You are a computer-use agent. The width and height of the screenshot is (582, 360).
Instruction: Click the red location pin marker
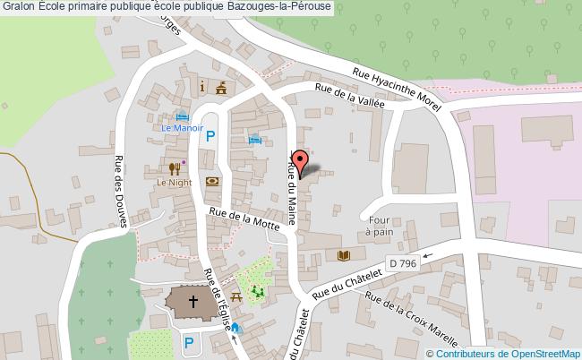click(x=302, y=162)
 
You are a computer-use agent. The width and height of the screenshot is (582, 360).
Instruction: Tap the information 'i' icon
click(x=203, y=86)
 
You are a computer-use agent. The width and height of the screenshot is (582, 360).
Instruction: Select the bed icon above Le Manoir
click(x=183, y=116)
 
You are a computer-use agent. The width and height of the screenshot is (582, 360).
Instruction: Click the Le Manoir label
click(x=183, y=128)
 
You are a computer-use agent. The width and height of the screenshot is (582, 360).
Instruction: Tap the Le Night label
click(x=175, y=182)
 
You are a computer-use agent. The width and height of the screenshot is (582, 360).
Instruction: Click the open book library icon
click(x=343, y=255)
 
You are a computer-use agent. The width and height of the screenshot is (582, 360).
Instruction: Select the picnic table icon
click(x=236, y=296)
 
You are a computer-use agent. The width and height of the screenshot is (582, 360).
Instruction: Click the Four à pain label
click(x=381, y=225)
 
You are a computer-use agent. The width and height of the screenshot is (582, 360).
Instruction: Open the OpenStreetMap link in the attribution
click(x=546, y=353)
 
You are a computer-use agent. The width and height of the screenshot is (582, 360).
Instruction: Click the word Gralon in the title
click(x=18, y=6)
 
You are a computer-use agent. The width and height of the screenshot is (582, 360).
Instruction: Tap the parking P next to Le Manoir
click(x=210, y=136)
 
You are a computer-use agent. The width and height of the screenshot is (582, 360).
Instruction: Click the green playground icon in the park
click(x=258, y=290)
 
